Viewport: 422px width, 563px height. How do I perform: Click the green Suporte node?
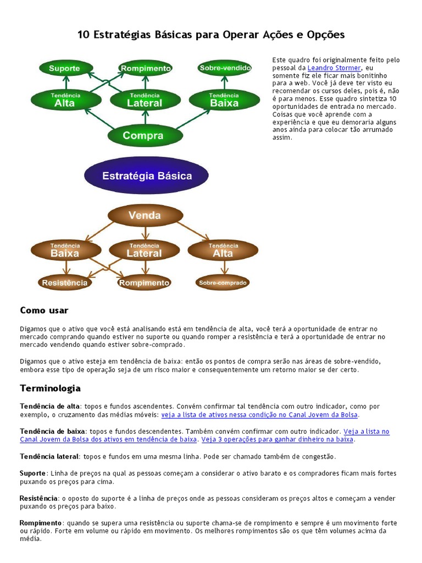[64, 69]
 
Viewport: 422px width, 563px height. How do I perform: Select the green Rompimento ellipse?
[146, 69]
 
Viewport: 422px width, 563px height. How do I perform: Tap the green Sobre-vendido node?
[225, 68]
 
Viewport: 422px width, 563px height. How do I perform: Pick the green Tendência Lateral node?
[145, 100]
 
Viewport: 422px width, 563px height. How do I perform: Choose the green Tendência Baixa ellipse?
[224, 100]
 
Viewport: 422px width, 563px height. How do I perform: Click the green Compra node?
[143, 136]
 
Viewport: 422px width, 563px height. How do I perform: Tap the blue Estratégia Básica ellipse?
[146, 176]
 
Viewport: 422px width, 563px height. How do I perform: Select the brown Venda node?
[145, 216]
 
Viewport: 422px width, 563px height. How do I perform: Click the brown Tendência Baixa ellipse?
[65, 250]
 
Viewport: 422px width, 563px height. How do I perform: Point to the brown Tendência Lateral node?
[145, 250]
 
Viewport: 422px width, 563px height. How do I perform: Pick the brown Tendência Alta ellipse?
[223, 250]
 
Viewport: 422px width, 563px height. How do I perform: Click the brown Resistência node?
[65, 283]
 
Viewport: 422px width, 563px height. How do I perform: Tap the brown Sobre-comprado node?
[223, 283]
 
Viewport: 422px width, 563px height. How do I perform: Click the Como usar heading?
[44, 311]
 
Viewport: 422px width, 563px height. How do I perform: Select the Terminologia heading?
[50, 388]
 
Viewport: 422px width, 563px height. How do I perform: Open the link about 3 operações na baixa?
[277, 439]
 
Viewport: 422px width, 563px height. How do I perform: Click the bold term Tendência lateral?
[49, 456]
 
